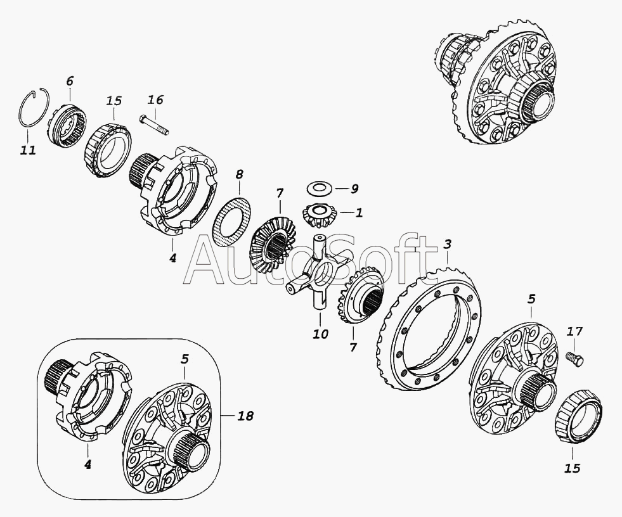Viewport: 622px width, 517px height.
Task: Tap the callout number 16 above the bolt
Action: pos(155,99)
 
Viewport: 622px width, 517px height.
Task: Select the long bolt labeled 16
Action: pos(154,124)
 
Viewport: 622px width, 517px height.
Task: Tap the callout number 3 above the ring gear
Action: pos(447,245)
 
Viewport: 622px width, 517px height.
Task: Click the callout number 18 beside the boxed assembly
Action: pos(245,416)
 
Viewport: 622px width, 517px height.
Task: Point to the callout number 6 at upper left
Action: pos(69,81)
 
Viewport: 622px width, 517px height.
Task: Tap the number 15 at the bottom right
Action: pos(573,468)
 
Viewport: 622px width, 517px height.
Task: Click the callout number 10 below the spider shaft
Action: pos(321,334)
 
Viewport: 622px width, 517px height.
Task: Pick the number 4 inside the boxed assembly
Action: pos(87,464)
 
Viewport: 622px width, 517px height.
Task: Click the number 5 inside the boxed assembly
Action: pos(185,359)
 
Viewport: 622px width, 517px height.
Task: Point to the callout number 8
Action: pos(239,174)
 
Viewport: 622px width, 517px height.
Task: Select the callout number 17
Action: pos(575,331)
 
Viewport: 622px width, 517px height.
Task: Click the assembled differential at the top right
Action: pos(496,81)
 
